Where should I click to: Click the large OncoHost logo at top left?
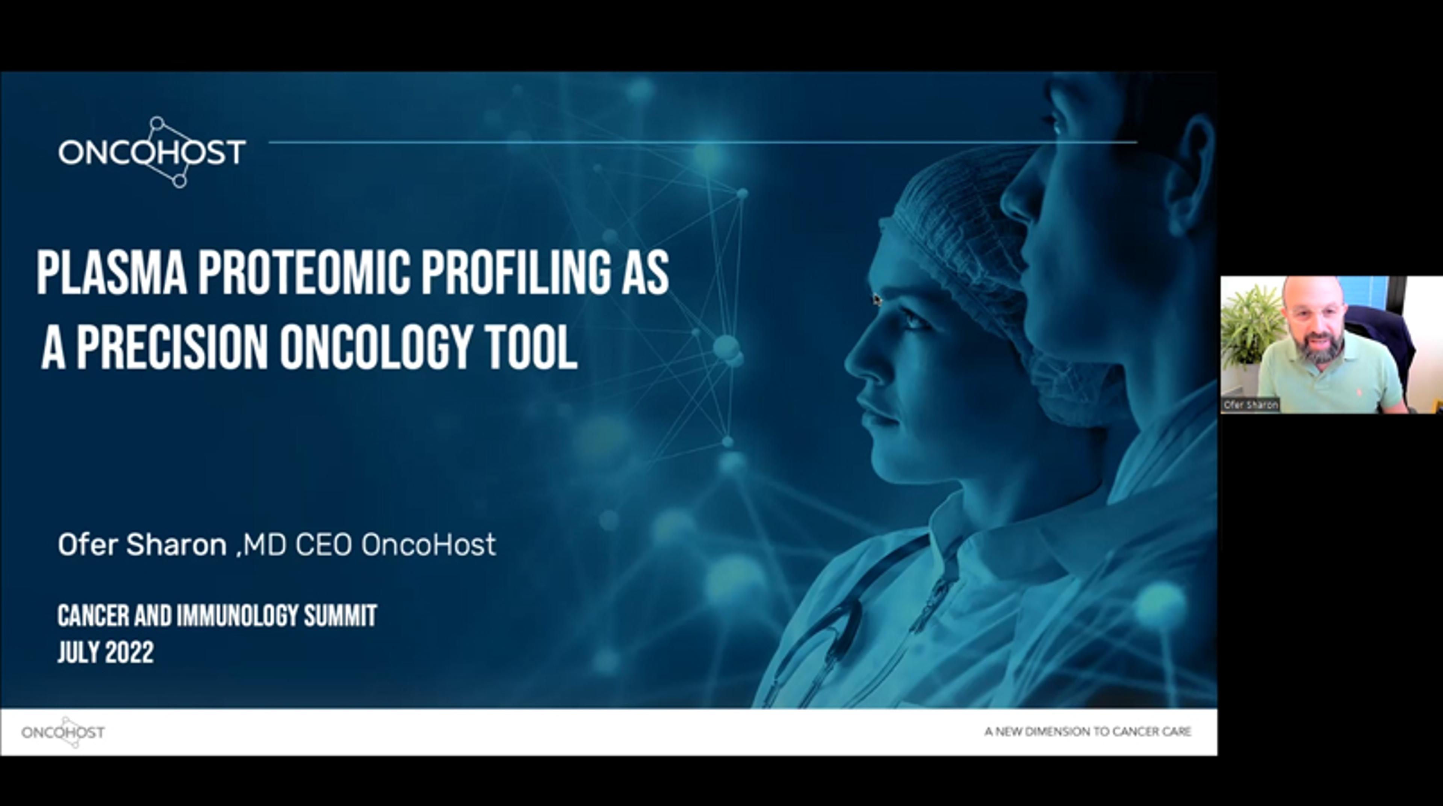pos(152,152)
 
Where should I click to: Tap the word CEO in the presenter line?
pos(324,545)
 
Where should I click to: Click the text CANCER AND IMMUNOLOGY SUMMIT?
pos(217,616)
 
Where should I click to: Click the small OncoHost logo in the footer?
pos(63,732)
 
